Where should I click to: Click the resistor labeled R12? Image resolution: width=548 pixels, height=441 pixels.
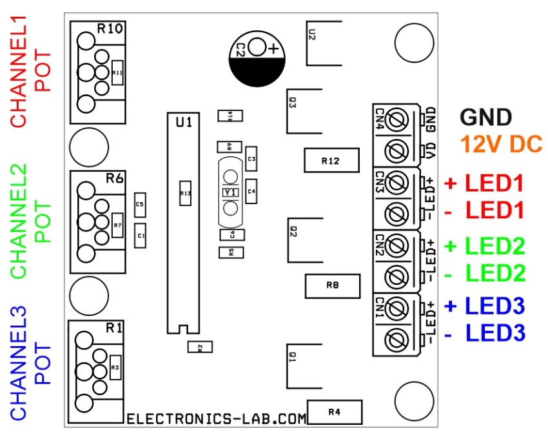click(330, 160)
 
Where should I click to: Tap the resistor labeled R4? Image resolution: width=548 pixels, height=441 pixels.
click(335, 411)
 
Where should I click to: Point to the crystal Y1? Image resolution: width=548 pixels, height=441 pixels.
click(230, 192)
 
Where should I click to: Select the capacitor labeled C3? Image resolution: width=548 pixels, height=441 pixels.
click(251, 158)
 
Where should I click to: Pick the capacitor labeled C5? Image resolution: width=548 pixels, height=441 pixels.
click(139, 204)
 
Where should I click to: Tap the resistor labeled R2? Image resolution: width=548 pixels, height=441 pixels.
click(200, 347)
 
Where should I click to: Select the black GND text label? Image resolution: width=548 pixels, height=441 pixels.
click(485, 117)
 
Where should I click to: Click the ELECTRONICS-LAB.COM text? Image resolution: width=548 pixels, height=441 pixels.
click(216, 419)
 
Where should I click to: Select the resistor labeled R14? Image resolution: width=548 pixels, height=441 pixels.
click(226, 116)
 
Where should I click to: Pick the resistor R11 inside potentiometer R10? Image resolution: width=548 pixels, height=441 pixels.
click(117, 73)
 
